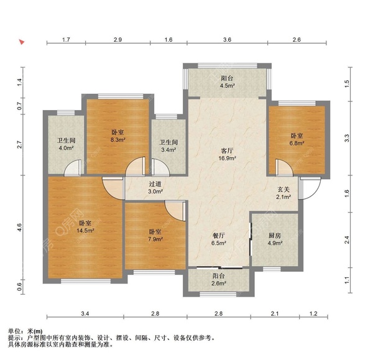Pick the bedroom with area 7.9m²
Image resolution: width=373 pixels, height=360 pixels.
[154, 236]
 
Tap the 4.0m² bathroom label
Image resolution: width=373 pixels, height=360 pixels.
[66, 144]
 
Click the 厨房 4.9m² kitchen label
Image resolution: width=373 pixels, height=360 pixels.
[274, 239]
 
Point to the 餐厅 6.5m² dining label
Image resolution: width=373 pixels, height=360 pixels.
[218, 239]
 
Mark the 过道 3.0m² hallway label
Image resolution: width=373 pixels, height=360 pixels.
[155, 188]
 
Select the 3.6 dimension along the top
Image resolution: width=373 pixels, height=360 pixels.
[227, 40]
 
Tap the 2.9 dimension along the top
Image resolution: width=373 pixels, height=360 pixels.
[117, 40]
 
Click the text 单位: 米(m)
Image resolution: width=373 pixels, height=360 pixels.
[25, 332]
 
